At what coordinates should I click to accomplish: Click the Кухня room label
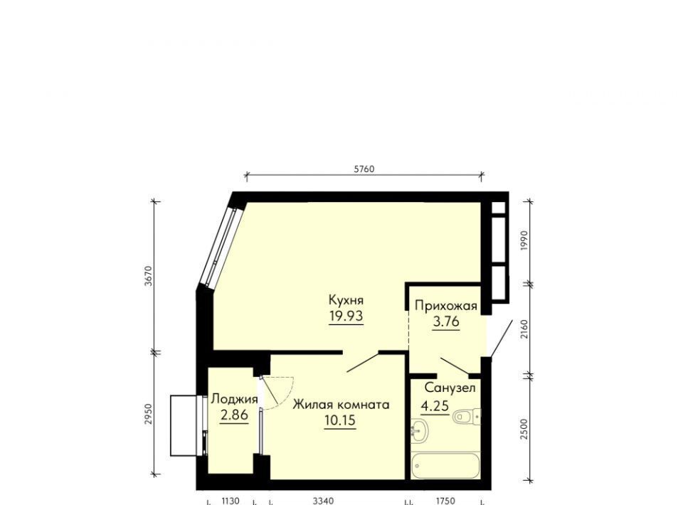click(346, 300)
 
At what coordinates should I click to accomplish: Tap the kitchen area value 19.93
click(346, 316)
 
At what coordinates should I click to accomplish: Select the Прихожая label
click(446, 306)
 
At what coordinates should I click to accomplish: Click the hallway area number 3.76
click(446, 321)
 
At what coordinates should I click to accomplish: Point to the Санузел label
click(450, 388)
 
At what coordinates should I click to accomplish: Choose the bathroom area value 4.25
click(435, 405)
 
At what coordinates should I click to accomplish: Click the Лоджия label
click(234, 399)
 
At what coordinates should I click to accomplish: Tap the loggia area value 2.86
click(234, 415)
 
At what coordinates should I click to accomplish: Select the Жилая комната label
click(341, 405)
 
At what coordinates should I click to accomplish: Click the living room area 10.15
click(340, 420)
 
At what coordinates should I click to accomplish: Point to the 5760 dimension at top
click(364, 169)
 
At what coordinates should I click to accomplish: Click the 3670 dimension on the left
click(149, 275)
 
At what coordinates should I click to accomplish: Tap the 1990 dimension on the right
click(524, 240)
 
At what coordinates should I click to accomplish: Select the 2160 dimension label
click(524, 329)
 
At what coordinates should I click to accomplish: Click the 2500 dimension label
click(524, 429)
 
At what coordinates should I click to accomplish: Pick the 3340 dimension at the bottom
click(323, 501)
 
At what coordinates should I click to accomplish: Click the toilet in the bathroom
click(467, 417)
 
